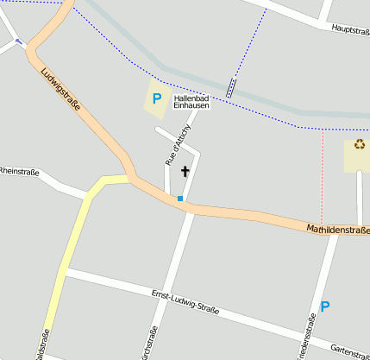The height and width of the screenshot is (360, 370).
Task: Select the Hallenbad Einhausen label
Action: (191, 101)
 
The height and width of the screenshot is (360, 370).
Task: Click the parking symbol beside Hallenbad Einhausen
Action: (157, 98)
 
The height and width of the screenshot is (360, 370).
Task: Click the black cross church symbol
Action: (185, 172)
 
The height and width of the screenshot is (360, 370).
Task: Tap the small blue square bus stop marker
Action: (180, 199)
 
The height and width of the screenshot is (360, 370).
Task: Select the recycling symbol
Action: (359, 144)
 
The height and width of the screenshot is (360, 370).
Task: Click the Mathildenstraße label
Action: (337, 231)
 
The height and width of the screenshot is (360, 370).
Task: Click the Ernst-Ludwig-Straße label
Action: (185, 301)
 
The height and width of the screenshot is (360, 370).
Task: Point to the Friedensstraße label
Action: (307, 338)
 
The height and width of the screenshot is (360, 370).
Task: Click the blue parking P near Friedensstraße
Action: (325, 306)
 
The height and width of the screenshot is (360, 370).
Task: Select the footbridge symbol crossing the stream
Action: (230, 86)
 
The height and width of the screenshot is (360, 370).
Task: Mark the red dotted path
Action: (322, 173)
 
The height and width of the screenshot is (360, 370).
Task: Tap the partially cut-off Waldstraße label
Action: (42, 344)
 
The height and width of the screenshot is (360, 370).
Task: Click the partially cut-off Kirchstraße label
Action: (153, 344)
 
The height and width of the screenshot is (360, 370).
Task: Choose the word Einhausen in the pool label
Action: (191, 105)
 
